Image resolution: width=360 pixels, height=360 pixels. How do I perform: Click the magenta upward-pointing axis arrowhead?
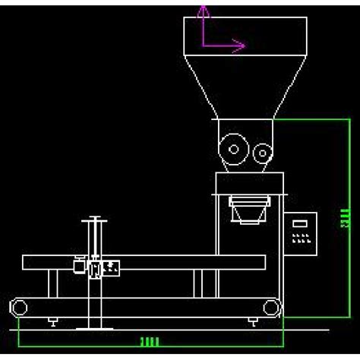[x=203, y=10]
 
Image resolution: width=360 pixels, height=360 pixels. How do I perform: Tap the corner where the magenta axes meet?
[x=203, y=45]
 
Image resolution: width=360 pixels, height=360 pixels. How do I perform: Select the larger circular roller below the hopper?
[x=232, y=148]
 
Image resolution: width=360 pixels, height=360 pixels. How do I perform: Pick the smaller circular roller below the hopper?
[x=262, y=153]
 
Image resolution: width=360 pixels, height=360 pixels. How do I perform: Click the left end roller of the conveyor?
[x=18, y=308]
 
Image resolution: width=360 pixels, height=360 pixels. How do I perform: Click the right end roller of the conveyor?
[x=272, y=308]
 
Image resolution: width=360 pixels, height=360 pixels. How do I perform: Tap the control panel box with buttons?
[x=302, y=236]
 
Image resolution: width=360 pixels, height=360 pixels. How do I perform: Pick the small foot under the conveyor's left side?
[x=52, y=322]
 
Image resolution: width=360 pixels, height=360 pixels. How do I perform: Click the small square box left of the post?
[x=78, y=266]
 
